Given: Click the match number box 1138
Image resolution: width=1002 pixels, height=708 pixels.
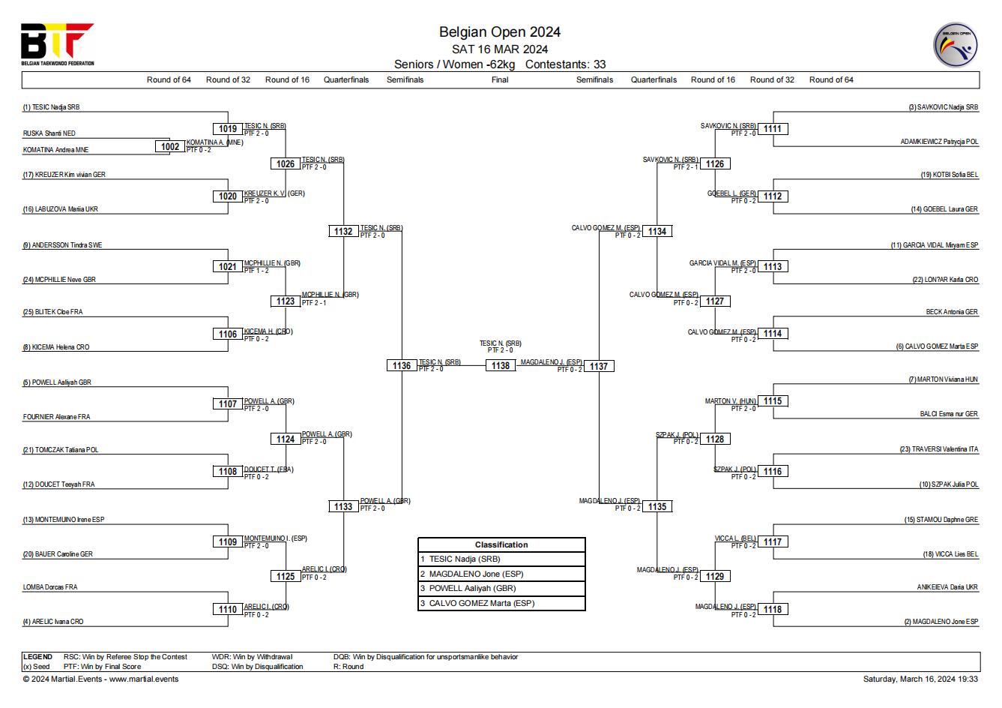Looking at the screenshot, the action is coord(500,366).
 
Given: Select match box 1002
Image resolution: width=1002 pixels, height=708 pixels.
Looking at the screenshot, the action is coord(170,146).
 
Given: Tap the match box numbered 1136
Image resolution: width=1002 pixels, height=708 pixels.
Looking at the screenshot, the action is coord(401,366).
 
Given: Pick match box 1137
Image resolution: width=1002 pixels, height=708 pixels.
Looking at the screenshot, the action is coord(599,366).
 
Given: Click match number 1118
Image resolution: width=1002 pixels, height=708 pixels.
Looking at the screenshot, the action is coord(773,609).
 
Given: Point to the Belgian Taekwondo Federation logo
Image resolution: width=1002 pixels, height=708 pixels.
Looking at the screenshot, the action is coord(58,44).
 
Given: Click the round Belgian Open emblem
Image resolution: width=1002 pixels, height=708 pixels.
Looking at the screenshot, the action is coord(955,45).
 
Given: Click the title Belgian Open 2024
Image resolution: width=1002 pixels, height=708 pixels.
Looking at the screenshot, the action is coord(500,31).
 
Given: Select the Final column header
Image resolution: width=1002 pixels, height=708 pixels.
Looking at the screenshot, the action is coord(500,79).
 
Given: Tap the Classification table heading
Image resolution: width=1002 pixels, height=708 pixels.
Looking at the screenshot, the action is coord(501,544).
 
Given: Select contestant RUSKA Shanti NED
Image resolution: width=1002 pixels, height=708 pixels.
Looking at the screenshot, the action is coord(49,133).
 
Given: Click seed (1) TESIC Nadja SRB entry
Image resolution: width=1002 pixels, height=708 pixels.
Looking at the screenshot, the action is coord(51,107).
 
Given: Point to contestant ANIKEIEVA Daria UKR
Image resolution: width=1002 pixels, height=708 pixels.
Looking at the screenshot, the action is coord(947,586).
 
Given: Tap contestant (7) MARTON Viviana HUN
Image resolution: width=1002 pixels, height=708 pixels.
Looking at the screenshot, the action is coord(943,379).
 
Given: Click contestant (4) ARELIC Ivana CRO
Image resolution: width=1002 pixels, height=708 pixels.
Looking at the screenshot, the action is coord(52,621).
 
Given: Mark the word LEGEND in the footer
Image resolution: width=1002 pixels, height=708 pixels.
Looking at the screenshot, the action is coord(37,656).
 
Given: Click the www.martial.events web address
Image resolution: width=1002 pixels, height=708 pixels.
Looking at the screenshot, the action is coord(144,679).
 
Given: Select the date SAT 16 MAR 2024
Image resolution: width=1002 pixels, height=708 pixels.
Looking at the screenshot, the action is coord(500,49).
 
